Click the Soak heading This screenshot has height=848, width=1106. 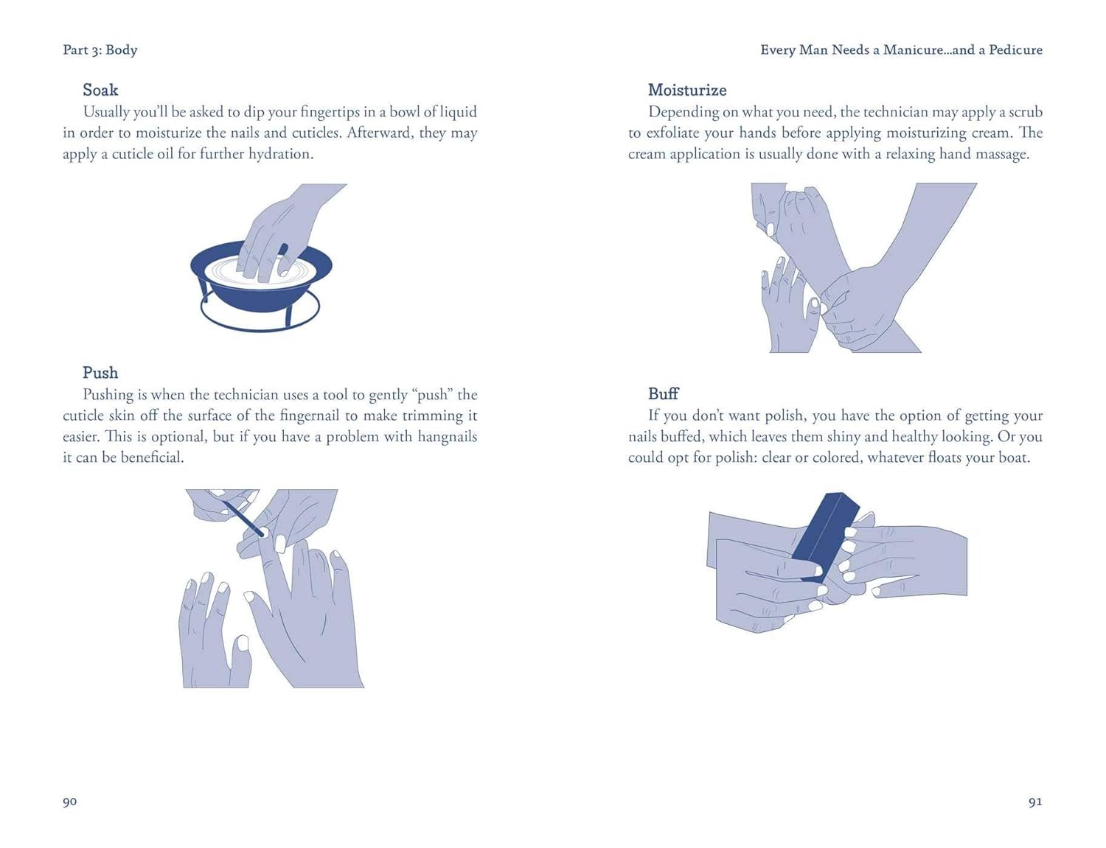[x=100, y=90]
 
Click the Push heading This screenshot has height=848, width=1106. [x=100, y=373]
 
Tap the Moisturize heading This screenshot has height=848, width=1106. [x=687, y=90]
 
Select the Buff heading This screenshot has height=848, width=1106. [x=663, y=393]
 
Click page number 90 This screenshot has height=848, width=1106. [x=70, y=802]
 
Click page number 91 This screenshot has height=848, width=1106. [x=1035, y=802]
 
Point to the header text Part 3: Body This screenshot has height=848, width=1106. [x=100, y=50]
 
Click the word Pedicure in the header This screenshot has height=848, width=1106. [x=1015, y=50]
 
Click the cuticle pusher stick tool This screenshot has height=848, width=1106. [x=243, y=519]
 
